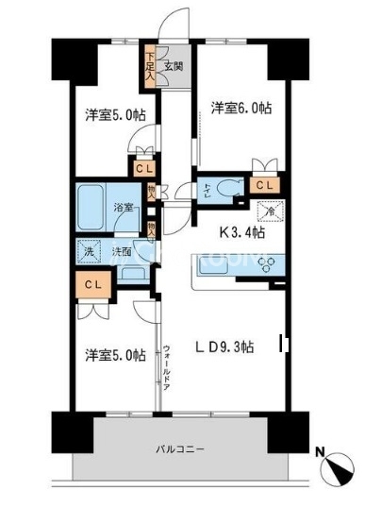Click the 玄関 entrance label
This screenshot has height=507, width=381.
[173, 66]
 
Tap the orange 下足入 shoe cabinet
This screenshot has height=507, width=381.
[150, 66]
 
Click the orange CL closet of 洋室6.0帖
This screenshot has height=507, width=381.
[264, 185]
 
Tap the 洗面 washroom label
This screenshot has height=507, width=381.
[122, 252]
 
